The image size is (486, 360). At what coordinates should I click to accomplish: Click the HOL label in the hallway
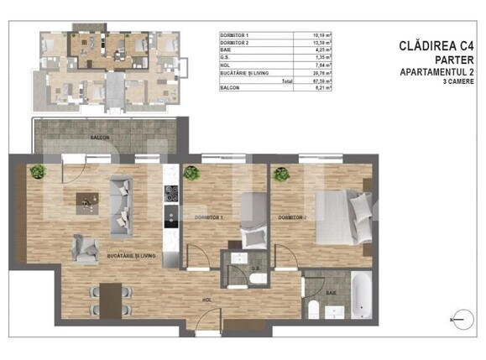click(x=205, y=298)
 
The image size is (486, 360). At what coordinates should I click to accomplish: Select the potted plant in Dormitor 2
click(x=278, y=174)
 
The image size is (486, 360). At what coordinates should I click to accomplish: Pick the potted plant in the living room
click(x=36, y=172)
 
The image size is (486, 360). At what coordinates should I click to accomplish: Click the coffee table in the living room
click(x=85, y=200)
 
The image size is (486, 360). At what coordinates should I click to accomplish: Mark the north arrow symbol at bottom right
click(x=457, y=320)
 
